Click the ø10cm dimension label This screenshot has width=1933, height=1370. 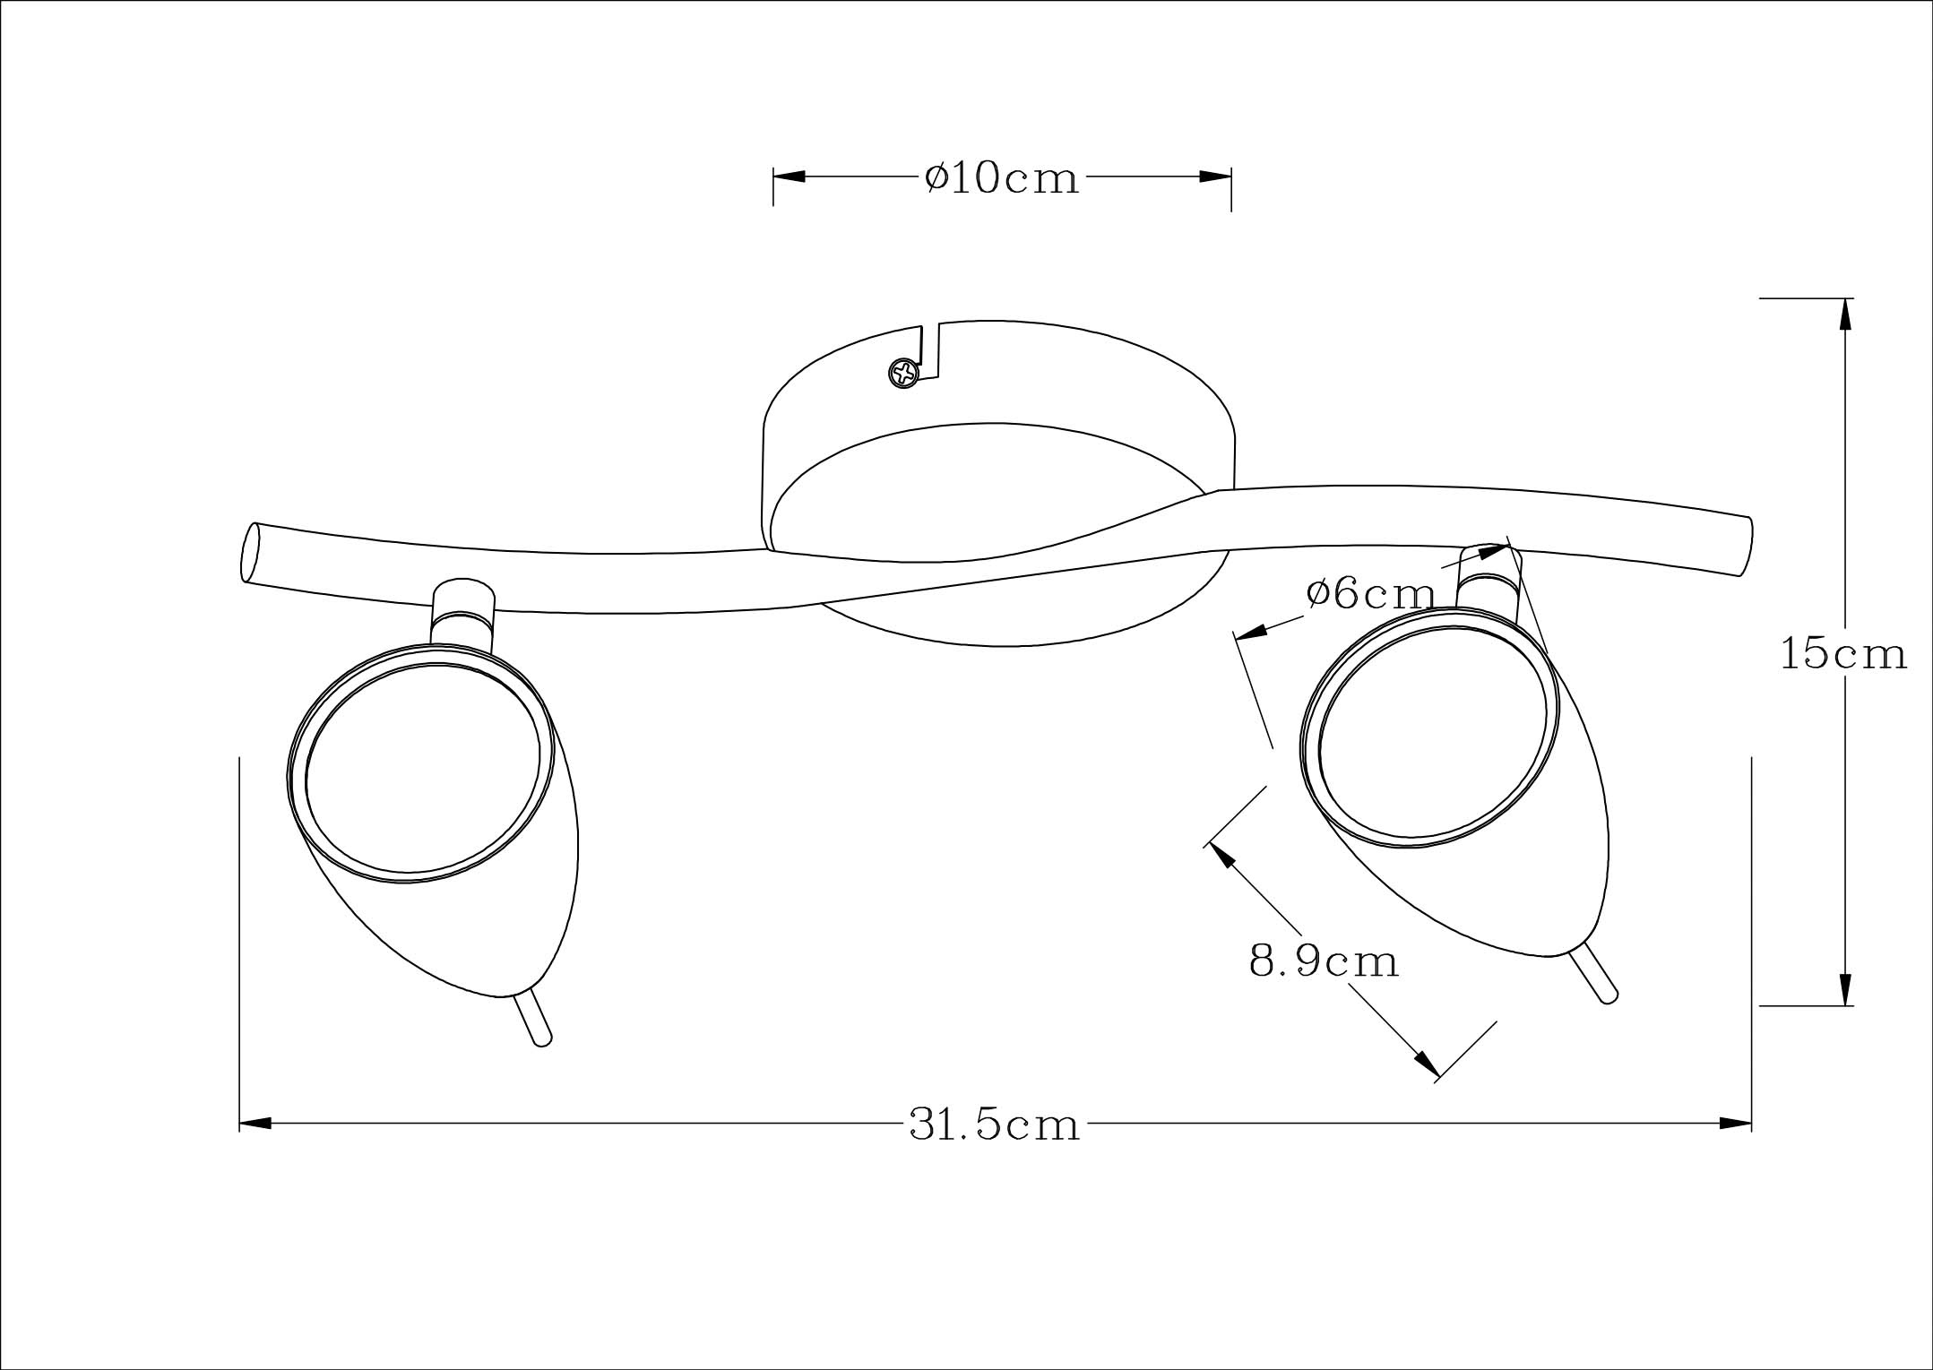click(x=1002, y=177)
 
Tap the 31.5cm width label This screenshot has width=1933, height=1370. click(x=995, y=1124)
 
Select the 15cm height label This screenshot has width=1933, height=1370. click(x=1843, y=654)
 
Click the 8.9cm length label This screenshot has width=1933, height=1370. click(x=1324, y=961)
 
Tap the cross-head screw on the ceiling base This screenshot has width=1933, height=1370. click(x=904, y=373)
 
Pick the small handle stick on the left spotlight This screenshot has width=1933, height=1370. click(x=534, y=1019)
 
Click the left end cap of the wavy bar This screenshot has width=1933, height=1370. click(x=250, y=552)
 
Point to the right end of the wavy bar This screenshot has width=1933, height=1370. click(x=1744, y=547)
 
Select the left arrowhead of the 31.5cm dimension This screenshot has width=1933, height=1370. click(x=255, y=1123)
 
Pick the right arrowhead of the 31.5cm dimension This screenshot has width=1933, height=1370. click(x=1736, y=1123)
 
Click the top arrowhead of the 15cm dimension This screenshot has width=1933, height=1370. click(x=1845, y=314)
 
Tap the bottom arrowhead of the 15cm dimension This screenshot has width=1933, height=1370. click(x=1845, y=989)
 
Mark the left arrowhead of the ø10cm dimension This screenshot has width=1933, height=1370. click(x=790, y=177)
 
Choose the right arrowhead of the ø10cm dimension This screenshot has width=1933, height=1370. click(x=1215, y=177)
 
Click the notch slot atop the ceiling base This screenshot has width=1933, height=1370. click(x=931, y=351)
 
